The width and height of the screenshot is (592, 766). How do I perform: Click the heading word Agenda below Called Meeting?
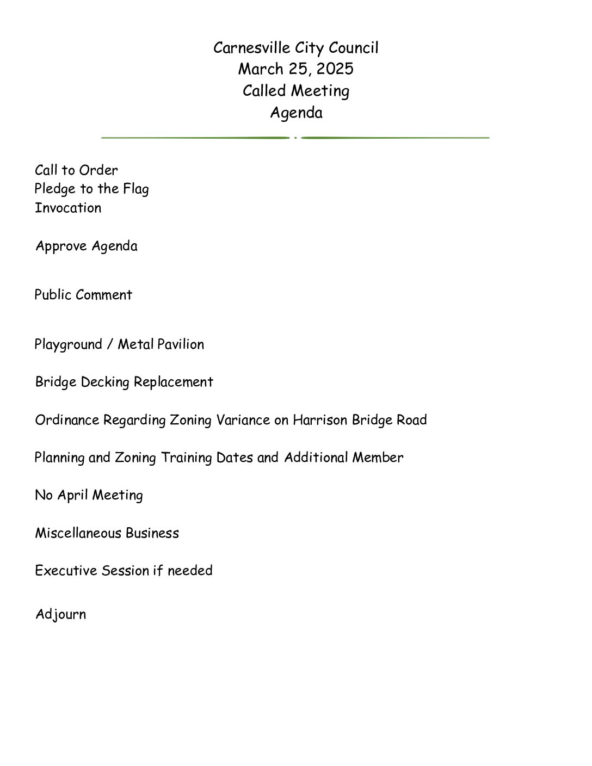click(x=296, y=113)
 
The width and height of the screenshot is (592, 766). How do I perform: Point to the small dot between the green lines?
click(x=295, y=138)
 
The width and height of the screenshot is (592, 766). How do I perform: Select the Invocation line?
click(x=68, y=208)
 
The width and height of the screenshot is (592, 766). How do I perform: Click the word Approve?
click(x=61, y=246)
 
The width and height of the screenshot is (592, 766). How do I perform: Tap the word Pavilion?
click(x=181, y=344)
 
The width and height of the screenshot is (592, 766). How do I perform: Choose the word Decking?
click(x=105, y=382)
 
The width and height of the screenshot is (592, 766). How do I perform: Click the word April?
click(x=72, y=496)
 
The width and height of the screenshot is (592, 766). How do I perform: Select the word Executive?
click(x=65, y=571)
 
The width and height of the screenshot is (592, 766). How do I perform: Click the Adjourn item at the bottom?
click(x=60, y=614)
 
